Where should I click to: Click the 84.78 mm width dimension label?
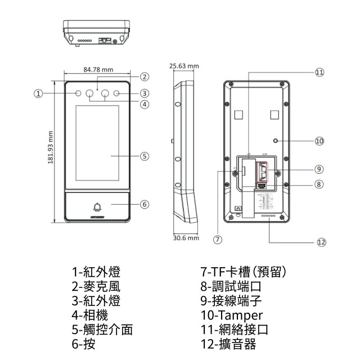(98, 70)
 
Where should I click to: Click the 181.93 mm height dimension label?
(50, 148)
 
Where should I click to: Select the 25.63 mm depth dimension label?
(184, 66)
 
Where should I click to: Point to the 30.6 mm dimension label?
(186, 238)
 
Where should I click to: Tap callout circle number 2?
(145, 76)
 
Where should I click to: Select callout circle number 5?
(145, 156)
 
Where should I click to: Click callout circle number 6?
(145, 204)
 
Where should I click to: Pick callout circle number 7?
(218, 239)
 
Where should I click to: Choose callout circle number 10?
(319, 141)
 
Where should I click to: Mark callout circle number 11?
(319, 72)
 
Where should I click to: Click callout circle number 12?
(321, 242)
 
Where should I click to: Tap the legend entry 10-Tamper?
(232, 315)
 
